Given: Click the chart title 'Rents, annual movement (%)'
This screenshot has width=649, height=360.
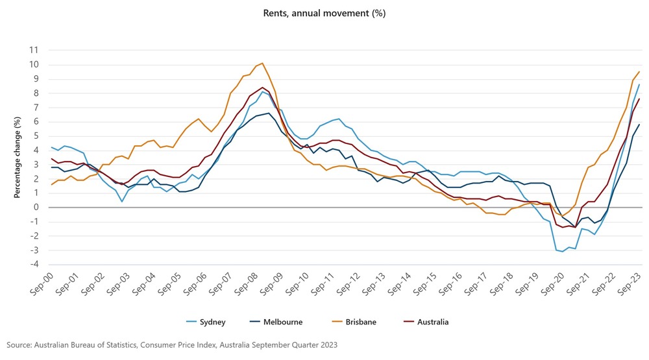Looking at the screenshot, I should point(324,12).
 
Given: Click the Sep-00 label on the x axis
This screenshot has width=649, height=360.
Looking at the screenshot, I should point(41,284).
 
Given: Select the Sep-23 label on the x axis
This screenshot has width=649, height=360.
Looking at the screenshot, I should point(631,284).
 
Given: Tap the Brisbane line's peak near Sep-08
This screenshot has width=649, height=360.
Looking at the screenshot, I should point(262,64).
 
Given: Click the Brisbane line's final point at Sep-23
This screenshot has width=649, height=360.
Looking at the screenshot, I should point(639,71).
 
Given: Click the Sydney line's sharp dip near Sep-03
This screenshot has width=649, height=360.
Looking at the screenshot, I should point(122,201).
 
